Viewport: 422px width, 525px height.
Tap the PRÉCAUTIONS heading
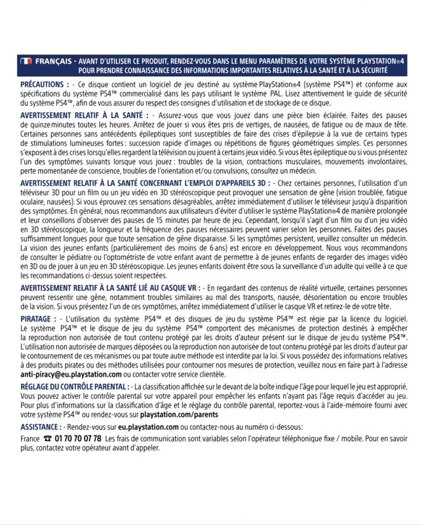coord(44,85)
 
